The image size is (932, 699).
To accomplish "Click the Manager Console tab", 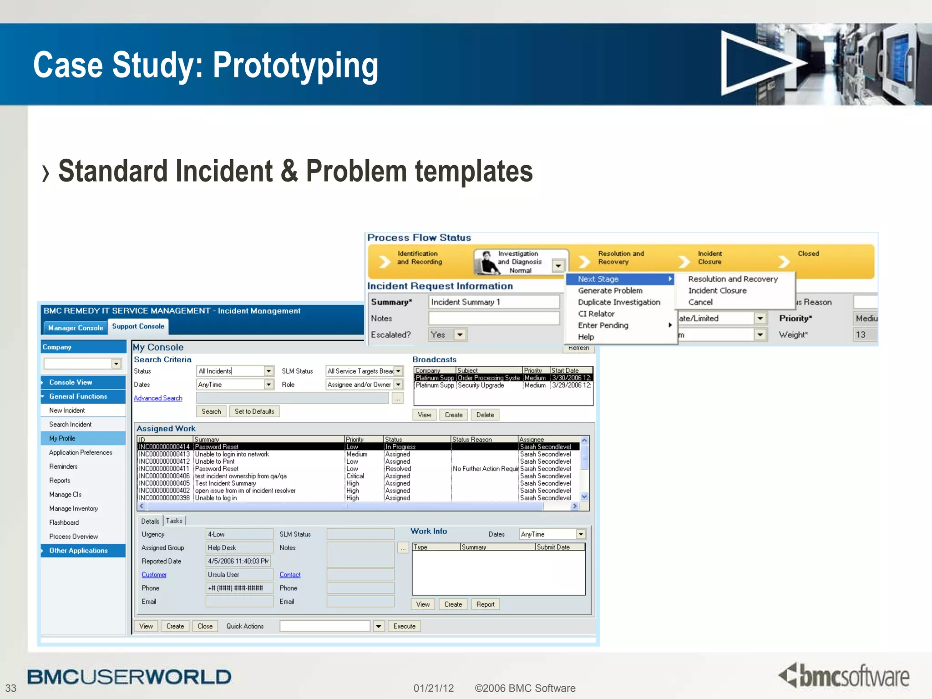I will coord(76,328).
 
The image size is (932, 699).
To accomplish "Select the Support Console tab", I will coord(138,326).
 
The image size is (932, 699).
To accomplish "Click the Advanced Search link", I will coord(158,398).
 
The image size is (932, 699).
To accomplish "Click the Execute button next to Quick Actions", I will coord(404,626).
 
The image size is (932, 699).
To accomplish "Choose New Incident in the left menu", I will coord(67,410).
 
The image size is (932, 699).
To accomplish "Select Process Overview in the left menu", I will coord(73,537).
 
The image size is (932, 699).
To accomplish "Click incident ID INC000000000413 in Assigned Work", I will coord(164,454).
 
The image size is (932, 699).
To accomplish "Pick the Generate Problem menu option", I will coord(610,291).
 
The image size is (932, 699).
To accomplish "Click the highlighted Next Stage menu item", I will coord(598,279).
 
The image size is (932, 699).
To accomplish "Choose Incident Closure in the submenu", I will coord(717,291).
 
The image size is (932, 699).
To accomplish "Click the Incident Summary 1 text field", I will coord(493,302).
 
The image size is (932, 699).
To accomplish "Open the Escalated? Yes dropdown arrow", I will coord(460,335).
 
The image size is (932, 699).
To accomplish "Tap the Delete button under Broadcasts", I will coord(485,415).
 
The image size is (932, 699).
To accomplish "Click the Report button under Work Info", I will coord(485,604).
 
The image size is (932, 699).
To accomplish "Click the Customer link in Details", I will coord(154,575).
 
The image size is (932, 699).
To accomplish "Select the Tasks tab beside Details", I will coord(174,521).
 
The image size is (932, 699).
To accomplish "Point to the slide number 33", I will coord(11,688).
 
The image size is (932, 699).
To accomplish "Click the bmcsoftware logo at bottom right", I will coord(844,676).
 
